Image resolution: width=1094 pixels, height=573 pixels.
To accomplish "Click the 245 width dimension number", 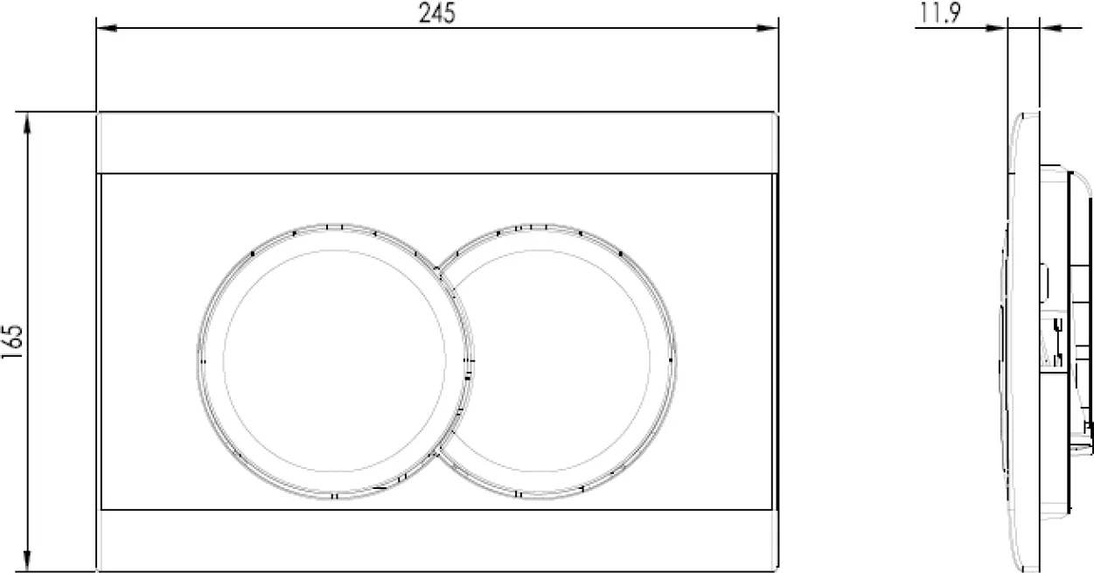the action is click(437, 13).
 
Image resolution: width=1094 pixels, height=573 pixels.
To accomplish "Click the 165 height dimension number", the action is click(12, 341).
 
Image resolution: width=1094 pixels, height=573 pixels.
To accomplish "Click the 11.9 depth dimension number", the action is click(940, 13).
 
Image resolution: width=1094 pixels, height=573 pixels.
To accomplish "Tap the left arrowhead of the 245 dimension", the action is click(107, 28).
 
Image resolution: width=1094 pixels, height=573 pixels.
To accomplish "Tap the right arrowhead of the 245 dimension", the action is click(767, 28).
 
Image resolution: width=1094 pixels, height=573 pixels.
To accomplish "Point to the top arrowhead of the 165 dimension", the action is click(27, 123).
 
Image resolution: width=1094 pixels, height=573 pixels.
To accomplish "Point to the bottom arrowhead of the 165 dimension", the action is click(27, 561).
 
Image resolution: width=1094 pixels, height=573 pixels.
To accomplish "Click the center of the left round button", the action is click(335, 361).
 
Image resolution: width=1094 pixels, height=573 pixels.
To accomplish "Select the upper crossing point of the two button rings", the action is click(437, 269).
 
